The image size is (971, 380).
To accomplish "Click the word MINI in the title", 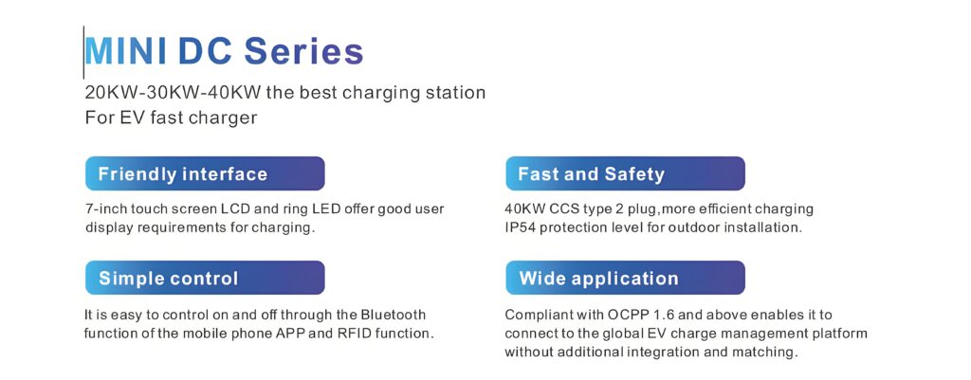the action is [x=126, y=51].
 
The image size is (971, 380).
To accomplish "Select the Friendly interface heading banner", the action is [x=205, y=173].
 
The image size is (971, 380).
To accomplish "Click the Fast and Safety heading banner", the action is [x=626, y=173].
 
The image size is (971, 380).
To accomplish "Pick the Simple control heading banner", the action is [x=205, y=278].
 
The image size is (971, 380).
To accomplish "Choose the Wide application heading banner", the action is [x=626, y=278].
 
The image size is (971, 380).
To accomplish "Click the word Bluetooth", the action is [x=394, y=315].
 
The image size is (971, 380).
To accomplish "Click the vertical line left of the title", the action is [x=83, y=52].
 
